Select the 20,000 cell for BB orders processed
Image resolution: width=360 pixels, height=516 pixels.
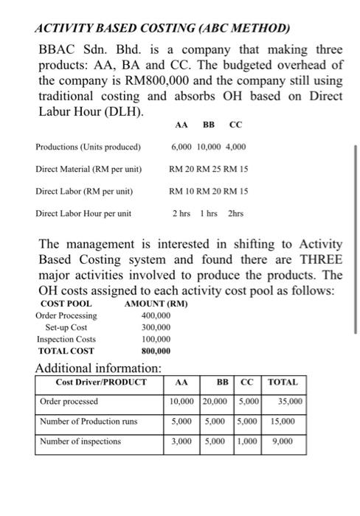(215, 402)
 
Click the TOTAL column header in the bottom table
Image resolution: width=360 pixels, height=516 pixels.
(283, 383)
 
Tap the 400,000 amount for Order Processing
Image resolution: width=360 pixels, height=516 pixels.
(155, 315)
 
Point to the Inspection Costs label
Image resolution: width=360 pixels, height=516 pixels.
(66, 339)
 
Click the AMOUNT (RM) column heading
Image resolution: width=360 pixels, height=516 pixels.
(156, 304)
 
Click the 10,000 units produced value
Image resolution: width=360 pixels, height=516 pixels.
(209, 147)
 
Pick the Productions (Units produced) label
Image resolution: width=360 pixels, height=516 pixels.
(88, 147)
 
